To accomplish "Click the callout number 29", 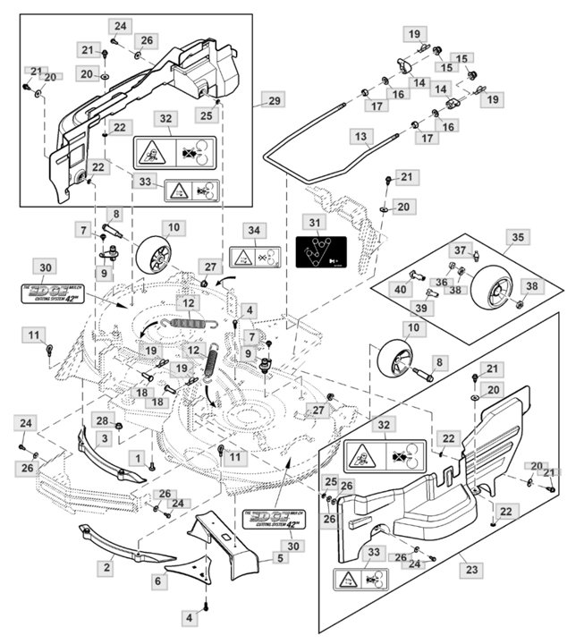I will point(274,99).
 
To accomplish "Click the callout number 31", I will point(314,222).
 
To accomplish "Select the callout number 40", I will point(400,288).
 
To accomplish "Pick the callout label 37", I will point(460,250).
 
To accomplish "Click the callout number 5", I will point(280,558).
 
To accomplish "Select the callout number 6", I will point(158,580).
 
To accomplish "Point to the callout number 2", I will point(106,567).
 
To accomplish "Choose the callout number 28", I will point(102,420).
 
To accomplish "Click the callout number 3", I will point(104,437).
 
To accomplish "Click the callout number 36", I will point(441,282).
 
